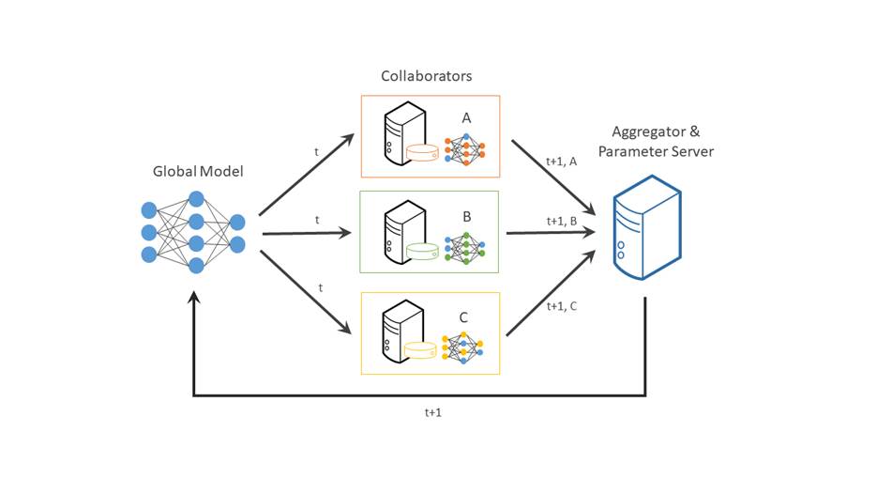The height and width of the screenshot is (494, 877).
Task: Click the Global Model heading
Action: coord(198,171)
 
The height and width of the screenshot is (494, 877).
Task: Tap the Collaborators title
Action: coord(426,76)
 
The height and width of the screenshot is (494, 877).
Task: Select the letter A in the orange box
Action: coord(466,118)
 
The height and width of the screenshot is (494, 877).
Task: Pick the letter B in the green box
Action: coord(467,217)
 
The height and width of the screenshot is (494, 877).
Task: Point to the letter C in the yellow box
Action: coord(463,318)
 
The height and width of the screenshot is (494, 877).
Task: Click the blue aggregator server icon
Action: coord(647,227)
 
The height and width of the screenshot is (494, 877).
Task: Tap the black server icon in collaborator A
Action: coord(405,133)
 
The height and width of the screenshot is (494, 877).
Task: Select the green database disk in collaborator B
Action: coord(422,251)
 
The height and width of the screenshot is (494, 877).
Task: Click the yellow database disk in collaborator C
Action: coord(420,349)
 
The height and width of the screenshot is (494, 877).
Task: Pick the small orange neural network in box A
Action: coord(465,150)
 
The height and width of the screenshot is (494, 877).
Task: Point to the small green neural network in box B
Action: coord(465,248)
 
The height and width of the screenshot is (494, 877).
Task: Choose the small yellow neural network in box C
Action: coord(462,347)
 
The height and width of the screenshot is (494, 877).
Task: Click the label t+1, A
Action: coord(561,162)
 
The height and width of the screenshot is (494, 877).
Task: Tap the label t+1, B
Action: coord(562,222)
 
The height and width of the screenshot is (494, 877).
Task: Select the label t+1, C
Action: coord(562,306)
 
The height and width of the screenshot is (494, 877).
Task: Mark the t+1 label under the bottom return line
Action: coord(433,413)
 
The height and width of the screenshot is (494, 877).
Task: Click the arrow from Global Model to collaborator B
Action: coord(307,233)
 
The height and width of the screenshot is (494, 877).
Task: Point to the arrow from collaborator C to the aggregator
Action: coord(551,293)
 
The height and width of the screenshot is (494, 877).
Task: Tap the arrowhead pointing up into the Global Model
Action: coord(194,298)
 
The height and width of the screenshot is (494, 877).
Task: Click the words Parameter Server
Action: coord(656,152)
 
